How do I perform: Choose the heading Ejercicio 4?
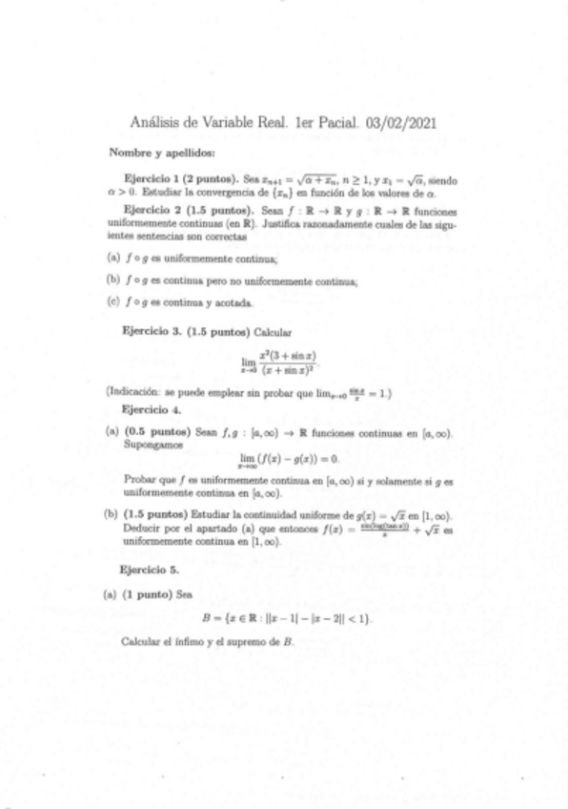(146, 408)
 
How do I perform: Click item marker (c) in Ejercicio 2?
(112, 303)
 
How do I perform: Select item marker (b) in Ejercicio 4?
(112, 513)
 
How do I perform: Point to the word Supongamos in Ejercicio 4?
(152, 444)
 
